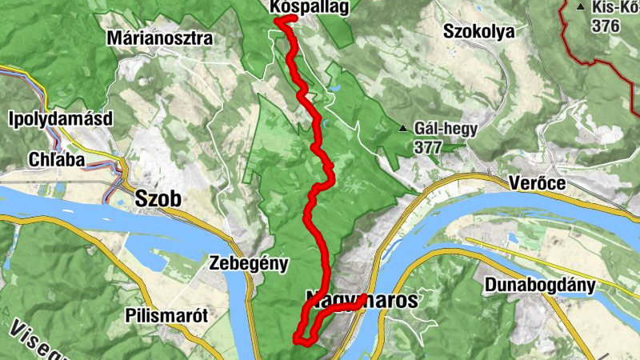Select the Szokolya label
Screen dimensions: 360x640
[x=479, y=31]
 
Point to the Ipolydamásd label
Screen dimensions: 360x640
[x=59, y=118]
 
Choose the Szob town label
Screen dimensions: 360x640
[x=158, y=198]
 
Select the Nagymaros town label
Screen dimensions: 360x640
[x=362, y=301]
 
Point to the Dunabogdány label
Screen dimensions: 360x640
[x=538, y=284]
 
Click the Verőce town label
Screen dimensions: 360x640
[x=538, y=183]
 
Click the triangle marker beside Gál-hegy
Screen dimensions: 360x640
[x=403, y=128]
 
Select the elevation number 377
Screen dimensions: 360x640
[x=429, y=147]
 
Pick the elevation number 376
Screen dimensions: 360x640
[x=606, y=26]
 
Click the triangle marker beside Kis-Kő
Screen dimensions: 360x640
[x=580, y=6]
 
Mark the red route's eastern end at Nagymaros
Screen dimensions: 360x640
[x=365, y=298]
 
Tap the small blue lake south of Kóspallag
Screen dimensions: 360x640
[x=334, y=82]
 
